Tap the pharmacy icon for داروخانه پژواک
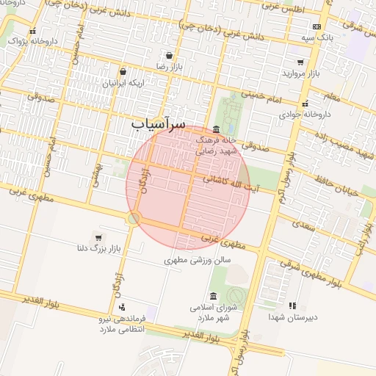pyautogui.click(x=32, y=32)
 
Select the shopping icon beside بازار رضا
pyautogui.click(x=170, y=56)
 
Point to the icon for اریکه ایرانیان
pyautogui.click(x=122, y=72)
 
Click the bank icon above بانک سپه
pyautogui.click(x=317, y=26)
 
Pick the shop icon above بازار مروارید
pyautogui.click(x=300, y=62)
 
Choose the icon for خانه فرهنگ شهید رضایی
pyautogui.click(x=216, y=130)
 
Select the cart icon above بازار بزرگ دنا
pyautogui.click(x=98, y=238)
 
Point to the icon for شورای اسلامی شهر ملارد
pyautogui.click(x=213, y=295)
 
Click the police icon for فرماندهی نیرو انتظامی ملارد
pyautogui.click(x=122, y=306)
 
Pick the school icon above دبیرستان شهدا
pyautogui.click(x=292, y=305)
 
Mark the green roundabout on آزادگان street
pyautogui.click(x=134, y=218)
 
